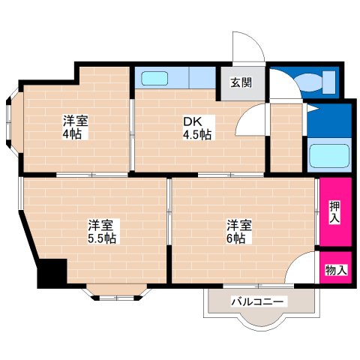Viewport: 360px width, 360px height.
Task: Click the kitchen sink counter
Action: [x=174, y=78]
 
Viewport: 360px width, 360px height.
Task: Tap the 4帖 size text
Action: [x=73, y=134]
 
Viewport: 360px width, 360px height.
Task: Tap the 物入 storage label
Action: [x=335, y=270]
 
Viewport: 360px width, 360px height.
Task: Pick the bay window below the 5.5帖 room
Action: [x=117, y=292]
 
